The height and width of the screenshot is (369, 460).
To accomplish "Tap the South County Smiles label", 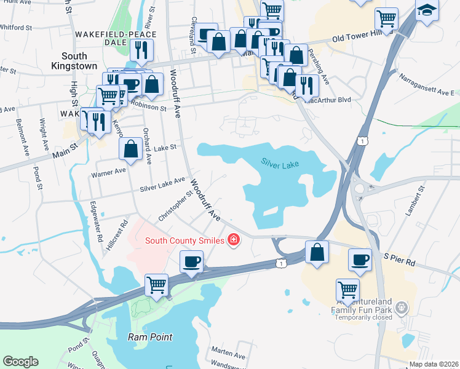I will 184,240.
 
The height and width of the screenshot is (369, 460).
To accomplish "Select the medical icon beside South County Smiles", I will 233,240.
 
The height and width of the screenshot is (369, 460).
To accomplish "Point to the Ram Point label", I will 150,337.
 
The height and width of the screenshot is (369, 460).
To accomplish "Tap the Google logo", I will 20,361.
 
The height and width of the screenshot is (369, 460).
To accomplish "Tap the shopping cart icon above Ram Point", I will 157,285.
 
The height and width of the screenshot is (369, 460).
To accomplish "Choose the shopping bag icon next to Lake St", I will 131,148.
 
